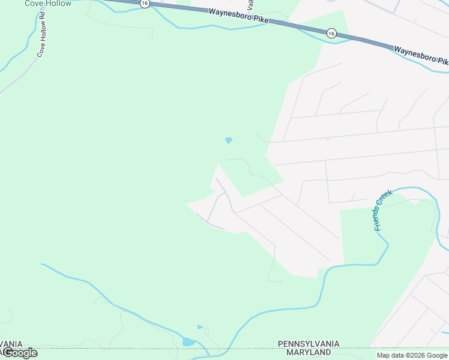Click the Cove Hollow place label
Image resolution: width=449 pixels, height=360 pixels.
pyautogui.click(x=48, y=4)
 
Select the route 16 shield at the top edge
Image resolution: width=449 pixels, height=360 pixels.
pyautogui.click(x=145, y=3)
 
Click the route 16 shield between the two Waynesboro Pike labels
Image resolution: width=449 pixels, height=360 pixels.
pyautogui.click(x=331, y=34)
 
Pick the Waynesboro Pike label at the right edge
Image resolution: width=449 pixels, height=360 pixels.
pyautogui.click(x=421, y=54)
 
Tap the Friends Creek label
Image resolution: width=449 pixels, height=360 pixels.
pyautogui.click(x=382, y=209)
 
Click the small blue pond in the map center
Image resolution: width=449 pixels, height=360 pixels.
pyautogui.click(x=228, y=140)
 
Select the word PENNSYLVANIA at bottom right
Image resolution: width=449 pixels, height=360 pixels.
pyautogui.click(x=308, y=344)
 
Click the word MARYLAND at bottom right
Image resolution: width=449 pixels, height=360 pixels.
pyautogui.click(x=309, y=352)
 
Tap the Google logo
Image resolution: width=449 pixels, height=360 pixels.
pyautogui.click(x=20, y=353)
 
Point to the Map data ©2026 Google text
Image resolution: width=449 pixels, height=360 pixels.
pyautogui.click(x=412, y=355)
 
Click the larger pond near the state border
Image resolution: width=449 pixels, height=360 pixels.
pyautogui.click(x=188, y=342)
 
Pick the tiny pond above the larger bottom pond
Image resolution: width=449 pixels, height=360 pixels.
pyautogui.click(x=200, y=327)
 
